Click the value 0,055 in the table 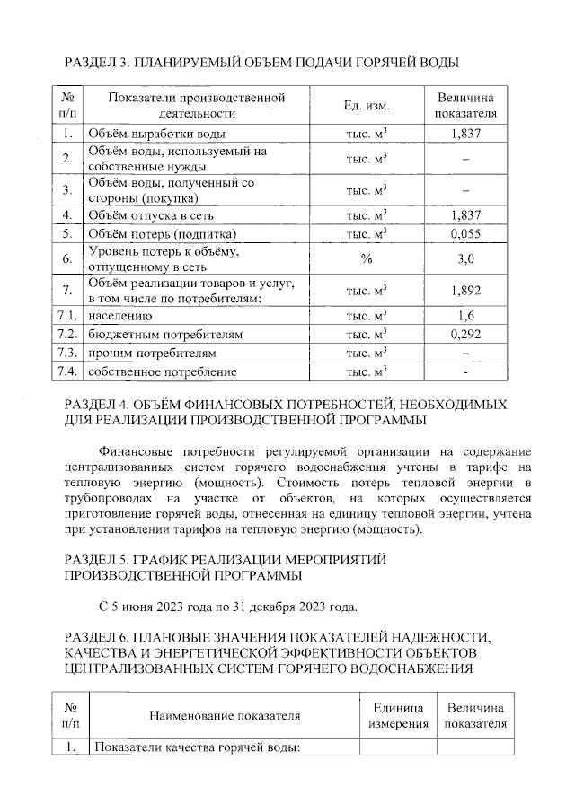(x=465, y=234)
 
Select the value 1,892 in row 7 (x=465, y=291)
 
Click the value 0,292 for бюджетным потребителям (x=465, y=334)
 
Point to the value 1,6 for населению (x=465, y=316)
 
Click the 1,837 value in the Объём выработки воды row (x=465, y=134)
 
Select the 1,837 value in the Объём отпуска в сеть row (x=465, y=215)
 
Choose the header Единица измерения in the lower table (x=399, y=715)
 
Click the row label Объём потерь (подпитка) (x=161, y=234)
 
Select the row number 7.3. (x=67, y=353)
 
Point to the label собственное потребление (x=162, y=371)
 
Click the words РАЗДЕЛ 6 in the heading (x=98, y=635)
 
